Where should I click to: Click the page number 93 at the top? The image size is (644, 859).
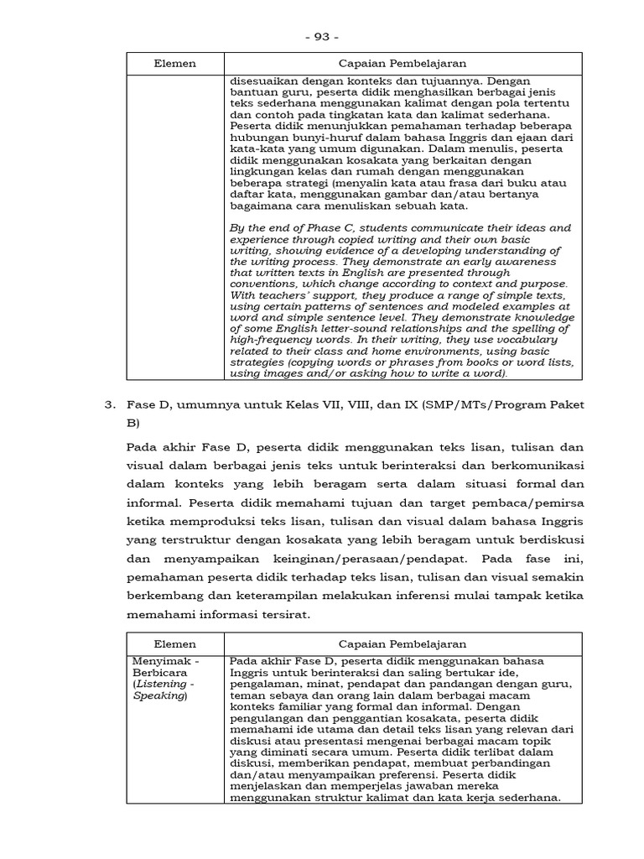click(322, 37)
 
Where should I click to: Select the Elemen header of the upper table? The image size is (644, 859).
click(175, 64)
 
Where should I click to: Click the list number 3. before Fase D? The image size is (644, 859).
click(109, 404)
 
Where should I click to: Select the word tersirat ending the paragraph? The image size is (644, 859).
click(283, 614)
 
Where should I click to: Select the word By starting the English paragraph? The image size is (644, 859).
click(236, 227)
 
